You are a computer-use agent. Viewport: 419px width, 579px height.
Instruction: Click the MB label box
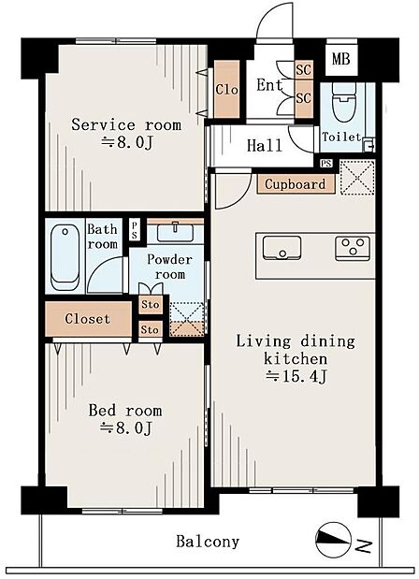[341, 59]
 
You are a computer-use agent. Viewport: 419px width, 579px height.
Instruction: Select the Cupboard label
[296, 184]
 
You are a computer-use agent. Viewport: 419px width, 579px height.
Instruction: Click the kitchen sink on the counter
[282, 248]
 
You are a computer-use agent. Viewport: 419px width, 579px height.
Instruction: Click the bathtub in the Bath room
[65, 257]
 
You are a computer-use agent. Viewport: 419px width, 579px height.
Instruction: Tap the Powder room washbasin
[175, 232]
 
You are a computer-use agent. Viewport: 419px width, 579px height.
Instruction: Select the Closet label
[88, 319]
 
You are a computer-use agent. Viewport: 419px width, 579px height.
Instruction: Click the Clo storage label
[226, 90]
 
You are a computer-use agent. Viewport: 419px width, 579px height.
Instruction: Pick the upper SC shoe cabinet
[304, 69]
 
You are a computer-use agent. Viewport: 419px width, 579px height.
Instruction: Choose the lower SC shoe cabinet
[304, 98]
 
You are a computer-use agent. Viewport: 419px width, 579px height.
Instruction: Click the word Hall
[265, 145]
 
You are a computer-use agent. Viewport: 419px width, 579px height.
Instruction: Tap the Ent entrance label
[269, 85]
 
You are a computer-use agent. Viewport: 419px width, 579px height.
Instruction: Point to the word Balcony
[208, 542]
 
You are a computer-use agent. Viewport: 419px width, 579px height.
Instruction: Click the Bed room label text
[125, 411]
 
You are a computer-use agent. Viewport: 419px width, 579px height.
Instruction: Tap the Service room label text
[126, 124]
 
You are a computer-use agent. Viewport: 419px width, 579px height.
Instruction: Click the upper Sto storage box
[151, 305]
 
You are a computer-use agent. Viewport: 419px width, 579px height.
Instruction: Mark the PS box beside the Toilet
[326, 163]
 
